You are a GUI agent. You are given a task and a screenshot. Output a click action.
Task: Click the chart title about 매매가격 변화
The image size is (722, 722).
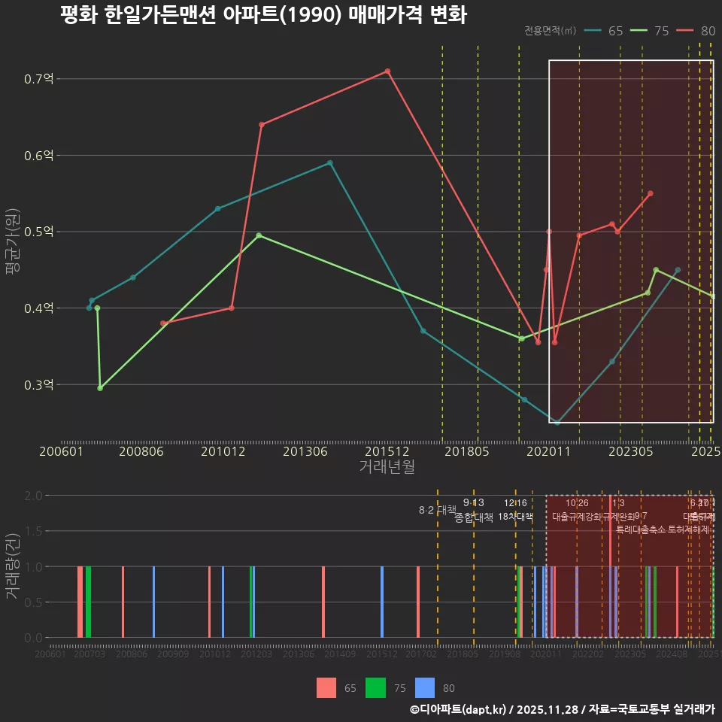(x=263, y=16)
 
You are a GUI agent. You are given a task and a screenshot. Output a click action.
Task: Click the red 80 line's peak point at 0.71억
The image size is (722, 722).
(x=387, y=71)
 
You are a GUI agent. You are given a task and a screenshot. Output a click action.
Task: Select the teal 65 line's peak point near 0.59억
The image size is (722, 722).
(x=330, y=162)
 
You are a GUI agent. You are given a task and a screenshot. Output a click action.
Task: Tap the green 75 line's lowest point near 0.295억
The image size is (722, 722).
(x=100, y=388)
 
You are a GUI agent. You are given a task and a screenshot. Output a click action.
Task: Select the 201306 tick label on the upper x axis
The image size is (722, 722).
(x=305, y=452)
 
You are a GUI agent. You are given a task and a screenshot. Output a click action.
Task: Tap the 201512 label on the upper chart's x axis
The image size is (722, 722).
(x=387, y=452)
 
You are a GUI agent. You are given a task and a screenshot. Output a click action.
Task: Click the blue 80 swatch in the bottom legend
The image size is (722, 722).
(x=425, y=687)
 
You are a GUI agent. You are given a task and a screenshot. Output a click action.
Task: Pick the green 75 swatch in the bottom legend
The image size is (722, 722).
(x=375, y=687)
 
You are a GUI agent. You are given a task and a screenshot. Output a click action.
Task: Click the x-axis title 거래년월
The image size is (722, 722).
(x=387, y=466)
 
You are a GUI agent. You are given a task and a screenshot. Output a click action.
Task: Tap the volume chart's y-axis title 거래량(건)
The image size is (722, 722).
(x=13, y=566)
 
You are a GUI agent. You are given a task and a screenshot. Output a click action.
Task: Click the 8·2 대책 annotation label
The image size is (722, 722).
(x=437, y=510)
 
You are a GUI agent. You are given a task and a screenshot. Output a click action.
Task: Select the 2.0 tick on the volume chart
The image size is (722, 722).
(x=33, y=496)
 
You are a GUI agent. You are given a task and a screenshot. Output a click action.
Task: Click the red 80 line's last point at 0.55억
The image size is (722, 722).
(x=651, y=193)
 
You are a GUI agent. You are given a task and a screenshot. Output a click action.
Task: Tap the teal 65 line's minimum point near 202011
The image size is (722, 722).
(x=557, y=423)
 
